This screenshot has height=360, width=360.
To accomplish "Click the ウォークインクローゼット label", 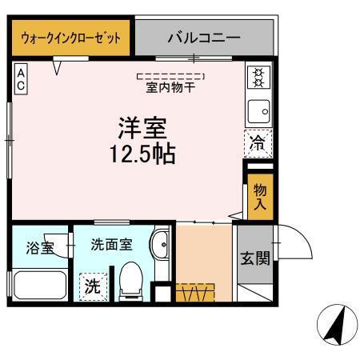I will tap(71, 37).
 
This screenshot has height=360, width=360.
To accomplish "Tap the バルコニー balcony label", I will tap(204, 37).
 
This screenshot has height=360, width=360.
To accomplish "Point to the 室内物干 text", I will tap(171, 88).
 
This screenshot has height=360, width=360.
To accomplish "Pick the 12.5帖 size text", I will tap(143, 152).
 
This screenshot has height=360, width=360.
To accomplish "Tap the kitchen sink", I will tap(258, 110).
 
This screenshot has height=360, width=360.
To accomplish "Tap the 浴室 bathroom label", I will tap(39, 247).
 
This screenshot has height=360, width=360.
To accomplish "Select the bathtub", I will tap(38, 285).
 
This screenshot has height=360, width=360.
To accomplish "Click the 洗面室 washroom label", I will tap(111, 244).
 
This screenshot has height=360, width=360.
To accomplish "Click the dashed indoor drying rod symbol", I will tap(171, 76).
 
